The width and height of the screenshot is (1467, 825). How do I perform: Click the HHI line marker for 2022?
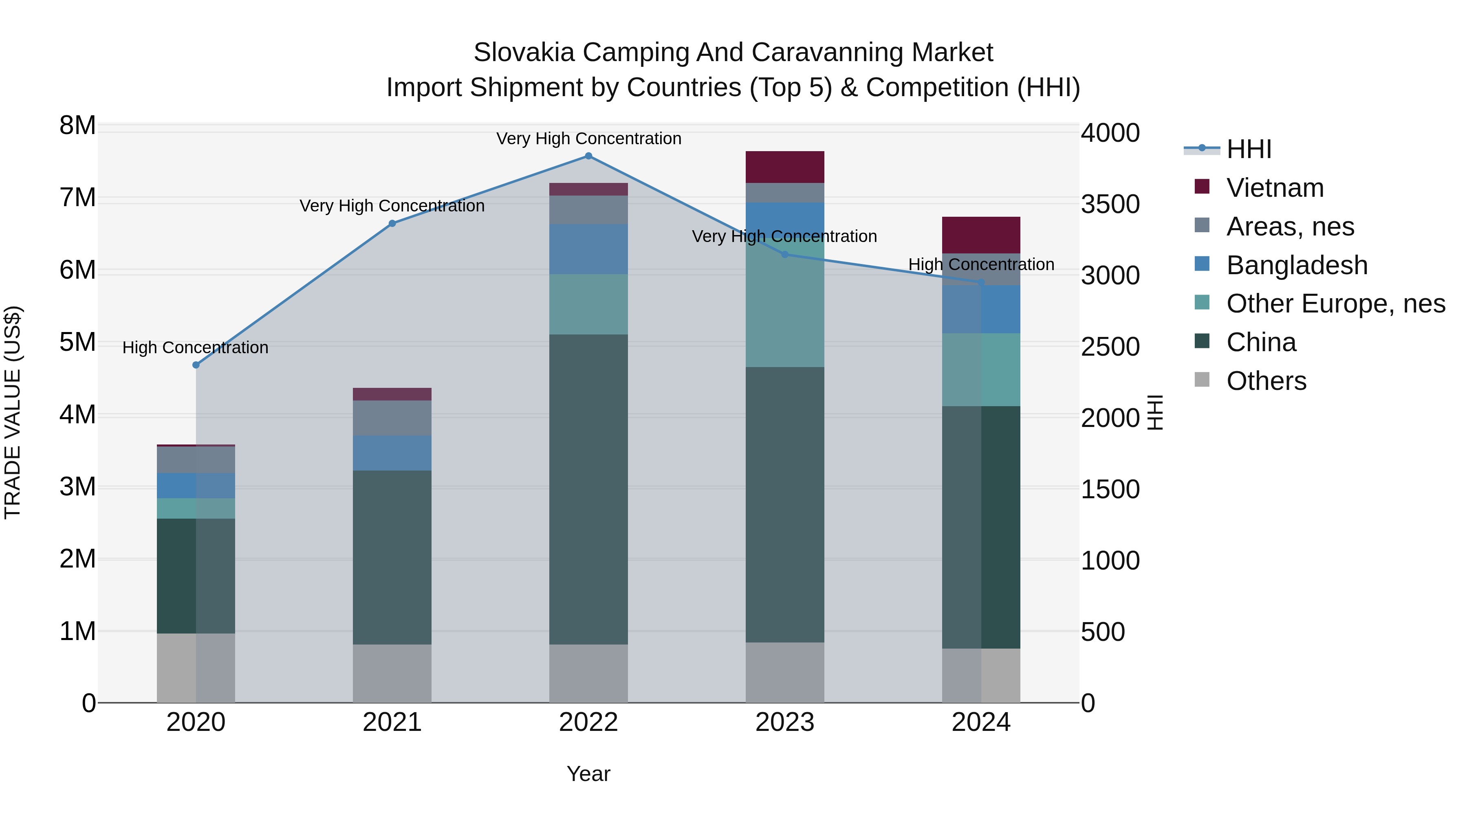point(588,156)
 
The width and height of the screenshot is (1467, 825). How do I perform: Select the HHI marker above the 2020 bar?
point(196,365)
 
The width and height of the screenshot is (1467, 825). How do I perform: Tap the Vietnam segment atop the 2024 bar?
point(981,235)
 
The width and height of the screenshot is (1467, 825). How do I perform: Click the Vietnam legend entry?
point(1275,188)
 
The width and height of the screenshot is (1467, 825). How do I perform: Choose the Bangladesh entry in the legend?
point(1296,265)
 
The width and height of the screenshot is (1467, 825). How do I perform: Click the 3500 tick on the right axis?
point(1110,205)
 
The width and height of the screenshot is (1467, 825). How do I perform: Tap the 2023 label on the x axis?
point(785,722)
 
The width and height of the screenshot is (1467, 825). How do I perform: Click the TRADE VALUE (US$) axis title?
point(13,412)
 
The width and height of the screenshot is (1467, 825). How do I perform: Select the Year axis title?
point(588,774)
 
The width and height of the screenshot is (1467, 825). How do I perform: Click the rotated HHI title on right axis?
point(1155,412)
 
